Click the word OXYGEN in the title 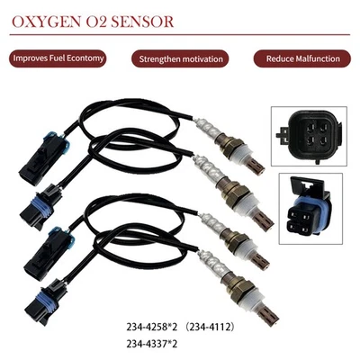click(x=47, y=19)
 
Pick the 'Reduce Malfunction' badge click(x=302, y=58)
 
